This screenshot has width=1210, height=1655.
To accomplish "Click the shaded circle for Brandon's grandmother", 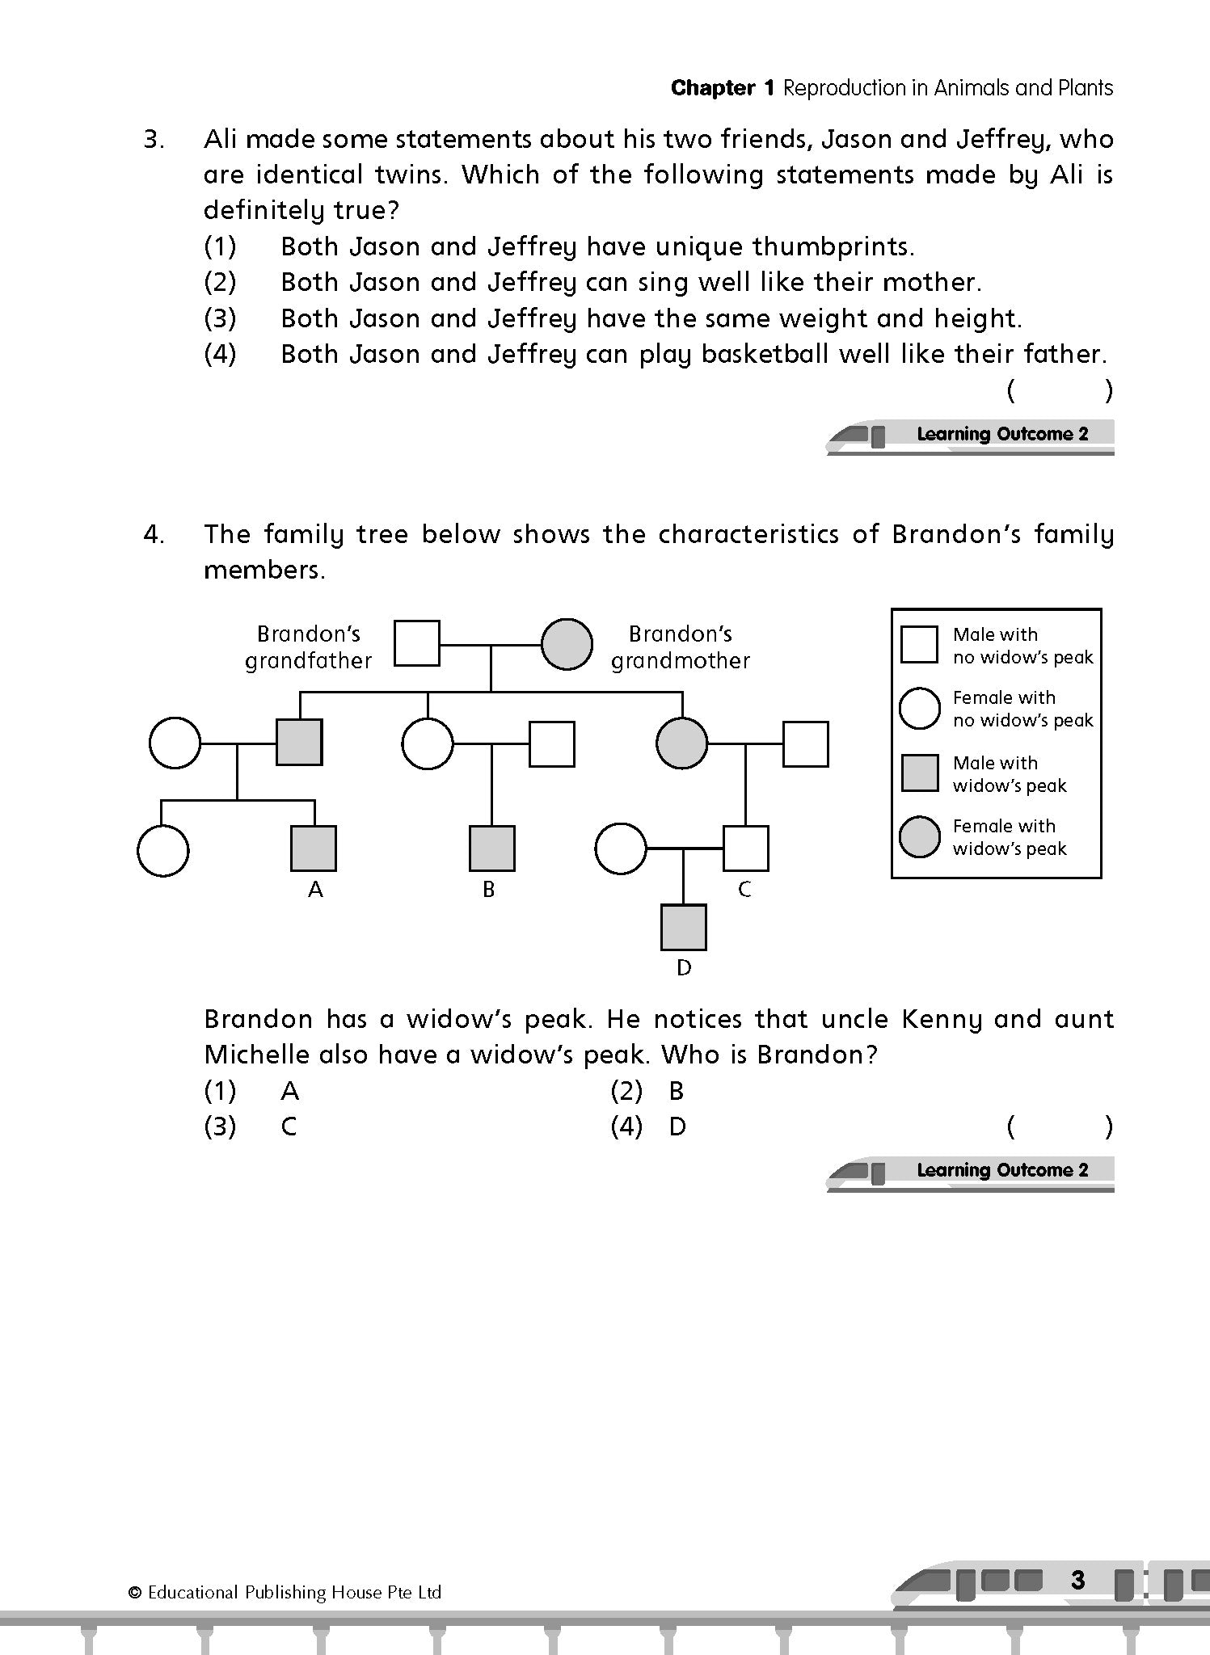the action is click(x=567, y=644).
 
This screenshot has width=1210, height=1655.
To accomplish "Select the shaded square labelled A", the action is click(x=314, y=849).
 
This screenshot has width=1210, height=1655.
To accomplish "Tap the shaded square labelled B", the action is click(x=492, y=849).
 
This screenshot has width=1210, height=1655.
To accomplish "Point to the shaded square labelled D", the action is click(x=684, y=927).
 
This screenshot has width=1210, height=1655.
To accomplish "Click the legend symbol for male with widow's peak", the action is click(x=920, y=773).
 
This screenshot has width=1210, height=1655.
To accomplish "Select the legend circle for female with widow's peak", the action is click(x=920, y=836).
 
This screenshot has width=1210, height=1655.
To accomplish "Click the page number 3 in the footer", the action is click(x=1077, y=1580).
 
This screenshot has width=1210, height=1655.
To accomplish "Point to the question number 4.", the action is click(x=154, y=534).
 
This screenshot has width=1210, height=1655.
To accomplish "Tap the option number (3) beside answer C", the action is click(x=220, y=1126).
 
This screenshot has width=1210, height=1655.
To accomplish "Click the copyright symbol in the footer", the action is click(x=135, y=1593).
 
